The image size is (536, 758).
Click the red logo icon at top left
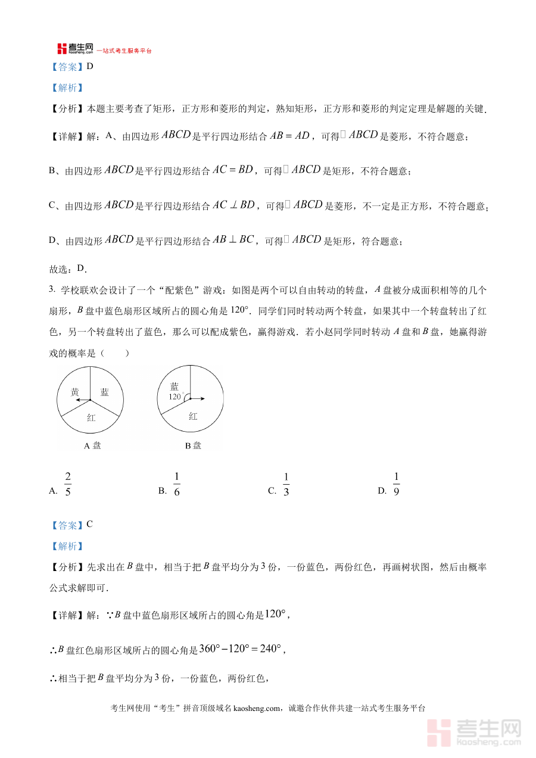coord(62,49)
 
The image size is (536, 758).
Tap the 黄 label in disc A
coord(75,392)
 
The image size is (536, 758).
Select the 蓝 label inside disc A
coord(105,392)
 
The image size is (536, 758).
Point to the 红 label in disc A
coord(91,417)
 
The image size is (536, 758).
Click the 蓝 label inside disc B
coord(174,386)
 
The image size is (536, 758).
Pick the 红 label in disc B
coord(193,416)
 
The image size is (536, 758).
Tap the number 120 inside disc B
coord(174,397)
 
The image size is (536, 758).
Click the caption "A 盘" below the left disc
coord(92,445)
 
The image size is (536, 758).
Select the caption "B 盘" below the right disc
coord(192,445)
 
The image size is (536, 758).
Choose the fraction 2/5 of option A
coord(68,484)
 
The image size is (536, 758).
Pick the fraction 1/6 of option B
coord(176,484)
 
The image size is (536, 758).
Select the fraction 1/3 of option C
coord(286,484)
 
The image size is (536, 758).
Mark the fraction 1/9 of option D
coord(396,484)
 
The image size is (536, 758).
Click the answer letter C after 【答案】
coord(90,525)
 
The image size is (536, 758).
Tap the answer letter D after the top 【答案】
coord(90,66)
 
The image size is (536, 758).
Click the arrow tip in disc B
coord(204,399)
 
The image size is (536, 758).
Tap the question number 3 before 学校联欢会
coord(52,290)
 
